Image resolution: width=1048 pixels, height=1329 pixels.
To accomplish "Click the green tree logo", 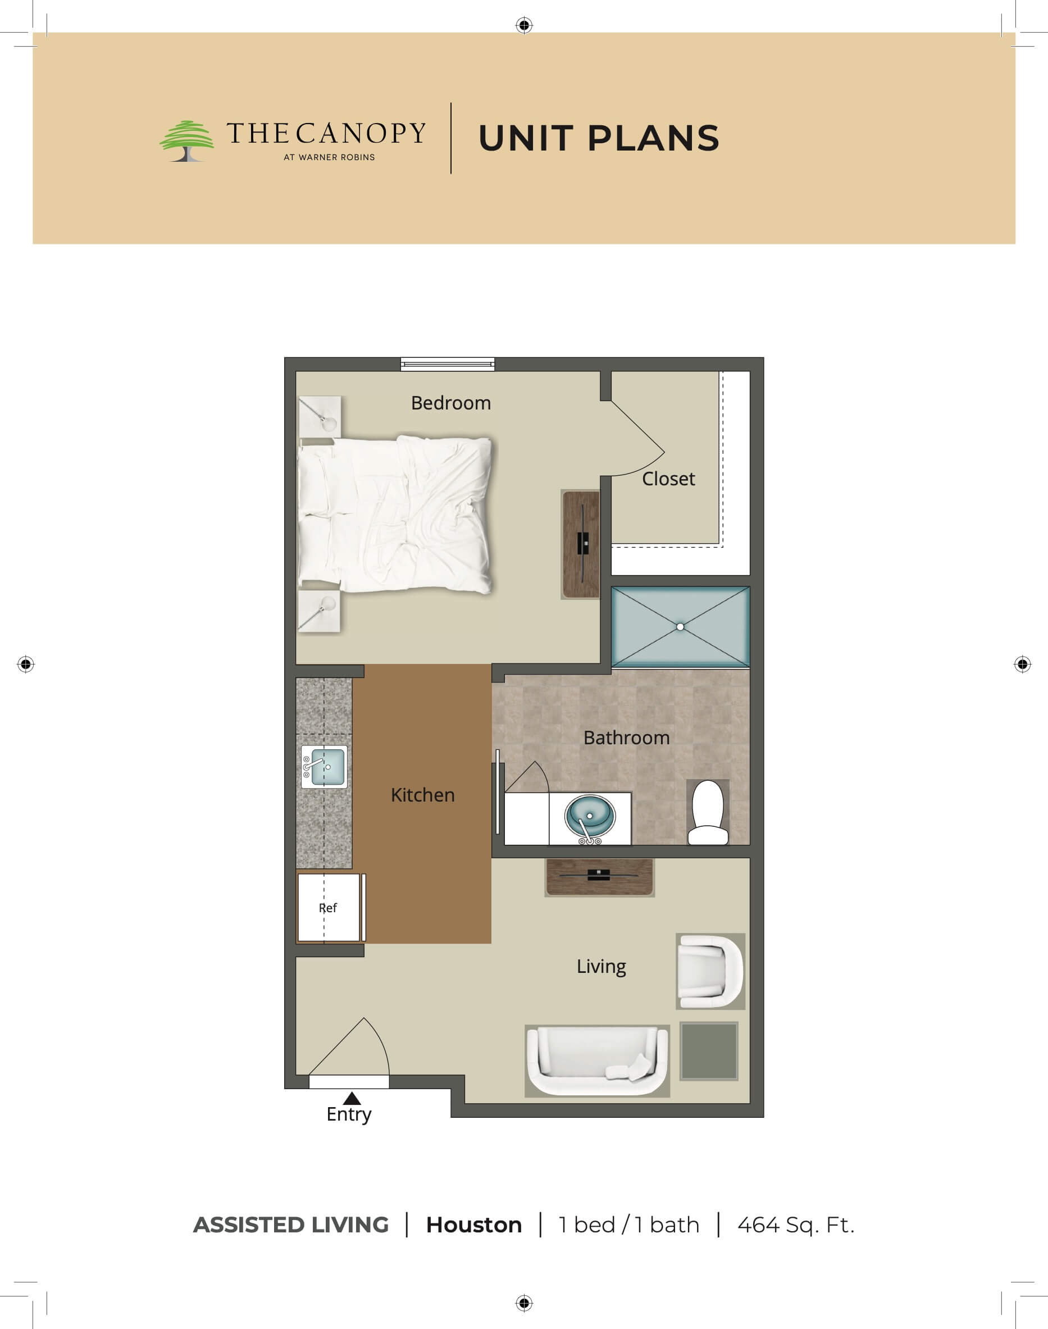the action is [x=186, y=140].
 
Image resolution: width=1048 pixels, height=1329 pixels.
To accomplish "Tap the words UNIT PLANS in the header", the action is [x=598, y=138].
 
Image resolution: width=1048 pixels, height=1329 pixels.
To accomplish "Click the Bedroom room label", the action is [x=451, y=403].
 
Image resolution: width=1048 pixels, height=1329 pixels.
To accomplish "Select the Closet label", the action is [x=668, y=479].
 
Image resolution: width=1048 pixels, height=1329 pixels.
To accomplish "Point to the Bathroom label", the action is [x=626, y=738].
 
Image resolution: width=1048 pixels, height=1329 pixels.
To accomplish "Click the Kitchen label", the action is [x=423, y=795].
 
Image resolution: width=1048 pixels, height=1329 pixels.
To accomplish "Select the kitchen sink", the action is [x=324, y=767].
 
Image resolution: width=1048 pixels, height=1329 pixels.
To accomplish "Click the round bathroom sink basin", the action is [x=590, y=817].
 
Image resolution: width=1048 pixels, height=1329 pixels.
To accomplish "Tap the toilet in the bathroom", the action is [x=708, y=812].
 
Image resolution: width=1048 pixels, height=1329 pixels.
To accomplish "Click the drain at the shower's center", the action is [x=680, y=626].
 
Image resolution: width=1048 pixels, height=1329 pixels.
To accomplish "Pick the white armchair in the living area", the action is [x=710, y=971].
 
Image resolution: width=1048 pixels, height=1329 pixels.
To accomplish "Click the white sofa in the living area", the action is [x=597, y=1061].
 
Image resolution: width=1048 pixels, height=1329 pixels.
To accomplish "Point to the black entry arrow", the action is [x=352, y=1098].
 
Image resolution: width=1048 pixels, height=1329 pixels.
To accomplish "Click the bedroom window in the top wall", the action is [x=447, y=365].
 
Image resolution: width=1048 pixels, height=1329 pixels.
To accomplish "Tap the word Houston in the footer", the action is [x=473, y=1225].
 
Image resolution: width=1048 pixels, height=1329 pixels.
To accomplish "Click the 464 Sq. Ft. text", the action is [x=796, y=1225].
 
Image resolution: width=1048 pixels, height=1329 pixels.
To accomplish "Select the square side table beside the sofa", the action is [x=709, y=1051].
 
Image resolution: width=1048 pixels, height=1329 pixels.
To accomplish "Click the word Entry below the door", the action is [x=349, y=1115].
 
